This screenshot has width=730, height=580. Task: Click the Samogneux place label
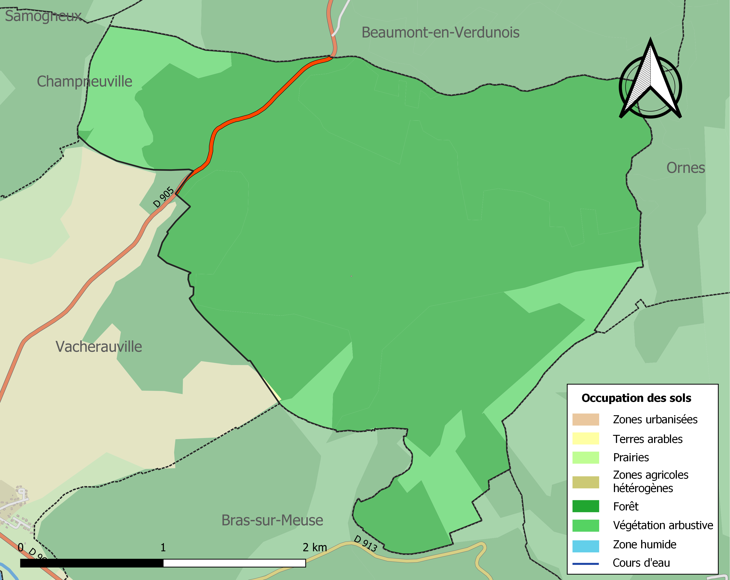43,16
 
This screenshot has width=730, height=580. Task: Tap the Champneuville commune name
84,82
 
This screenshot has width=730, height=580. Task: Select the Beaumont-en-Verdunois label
440,33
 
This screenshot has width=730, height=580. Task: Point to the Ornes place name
686,168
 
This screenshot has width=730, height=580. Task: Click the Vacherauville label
98,347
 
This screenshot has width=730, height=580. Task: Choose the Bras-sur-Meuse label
272,520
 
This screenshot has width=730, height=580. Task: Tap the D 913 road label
365,543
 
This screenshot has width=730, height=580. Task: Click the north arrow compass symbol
650,81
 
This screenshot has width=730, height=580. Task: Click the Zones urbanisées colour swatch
585,419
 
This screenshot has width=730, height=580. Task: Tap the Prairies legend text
631,457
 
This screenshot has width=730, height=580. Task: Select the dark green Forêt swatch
585,506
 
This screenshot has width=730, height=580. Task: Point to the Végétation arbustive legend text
663,525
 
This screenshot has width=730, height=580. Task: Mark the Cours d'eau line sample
585,564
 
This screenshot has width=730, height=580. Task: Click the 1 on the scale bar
163,547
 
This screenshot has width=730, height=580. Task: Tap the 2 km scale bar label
315,547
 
